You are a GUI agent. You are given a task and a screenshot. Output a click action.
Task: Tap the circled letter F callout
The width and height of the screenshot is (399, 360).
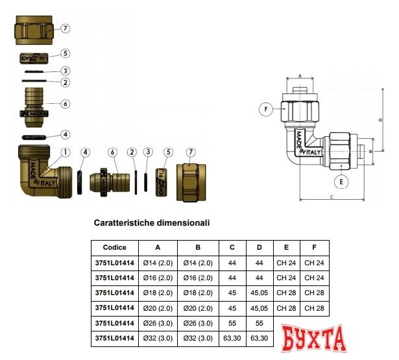265,110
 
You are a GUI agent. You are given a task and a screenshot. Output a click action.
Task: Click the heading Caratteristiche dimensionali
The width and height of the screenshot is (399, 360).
152,222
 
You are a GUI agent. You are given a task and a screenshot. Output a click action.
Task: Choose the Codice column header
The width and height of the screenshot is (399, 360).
115,247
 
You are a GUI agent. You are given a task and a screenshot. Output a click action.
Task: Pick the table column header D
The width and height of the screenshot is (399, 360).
260,247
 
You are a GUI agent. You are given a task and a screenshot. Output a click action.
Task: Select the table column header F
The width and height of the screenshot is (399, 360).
314,247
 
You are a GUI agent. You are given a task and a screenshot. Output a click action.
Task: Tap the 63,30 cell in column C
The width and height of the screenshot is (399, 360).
232,337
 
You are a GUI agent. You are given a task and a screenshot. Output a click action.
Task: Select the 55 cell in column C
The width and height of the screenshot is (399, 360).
232,322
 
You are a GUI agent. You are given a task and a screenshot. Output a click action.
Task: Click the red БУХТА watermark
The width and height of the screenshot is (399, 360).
315,339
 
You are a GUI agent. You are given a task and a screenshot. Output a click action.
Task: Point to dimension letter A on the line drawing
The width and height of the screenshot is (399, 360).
300,76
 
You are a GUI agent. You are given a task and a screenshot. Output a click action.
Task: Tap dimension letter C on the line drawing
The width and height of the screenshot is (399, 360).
331,196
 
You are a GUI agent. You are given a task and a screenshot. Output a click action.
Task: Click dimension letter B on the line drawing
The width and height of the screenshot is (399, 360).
369,151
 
